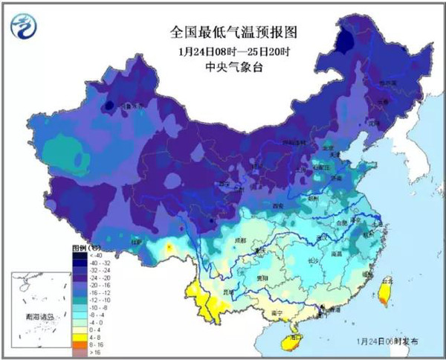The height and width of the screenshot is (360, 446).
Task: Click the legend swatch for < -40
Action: coord(78,255)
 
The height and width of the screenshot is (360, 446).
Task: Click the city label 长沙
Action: coord(314,260)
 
